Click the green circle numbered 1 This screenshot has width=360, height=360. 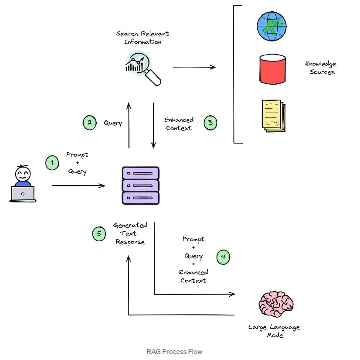click(52, 163)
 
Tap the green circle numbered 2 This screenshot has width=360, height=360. click(89, 123)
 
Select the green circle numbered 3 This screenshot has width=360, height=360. click(210, 123)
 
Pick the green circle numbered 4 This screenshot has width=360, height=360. click(223, 257)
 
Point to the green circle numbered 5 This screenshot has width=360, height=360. click(99, 234)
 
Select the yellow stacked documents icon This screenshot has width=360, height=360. click(273, 115)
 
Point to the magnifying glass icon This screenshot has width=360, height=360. click(143, 68)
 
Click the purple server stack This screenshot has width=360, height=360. click(140, 186)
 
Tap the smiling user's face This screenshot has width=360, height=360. click(22, 175)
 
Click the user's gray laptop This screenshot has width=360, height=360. click(23, 194)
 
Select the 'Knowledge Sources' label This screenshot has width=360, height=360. click(321, 68)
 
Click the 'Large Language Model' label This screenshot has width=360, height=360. click(275, 331)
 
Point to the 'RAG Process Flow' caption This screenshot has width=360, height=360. click(174, 351)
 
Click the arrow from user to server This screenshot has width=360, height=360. click(78, 186)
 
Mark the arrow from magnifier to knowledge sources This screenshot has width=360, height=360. click(194, 67)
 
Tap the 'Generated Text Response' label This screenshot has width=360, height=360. click(130, 233)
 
